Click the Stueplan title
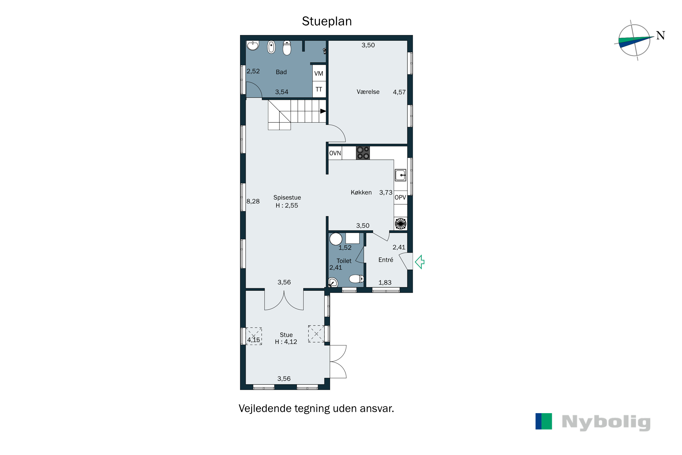pos(327,21)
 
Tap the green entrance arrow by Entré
pos(420,262)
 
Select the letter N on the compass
pos(661,35)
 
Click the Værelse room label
pos(368,92)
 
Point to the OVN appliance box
pos(335,153)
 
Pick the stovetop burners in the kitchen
pos(363,153)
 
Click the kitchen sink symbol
pos(400,175)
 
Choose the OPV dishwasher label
pos(400,197)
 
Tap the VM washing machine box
pos(319,73)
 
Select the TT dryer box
pos(319,89)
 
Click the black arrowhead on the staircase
pos(323,111)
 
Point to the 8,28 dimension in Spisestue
pos(253,201)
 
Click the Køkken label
pos(361,192)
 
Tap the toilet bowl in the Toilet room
pos(356,279)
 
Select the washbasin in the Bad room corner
pos(253,45)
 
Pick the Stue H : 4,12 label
pos(286,338)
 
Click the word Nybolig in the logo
pos(606,423)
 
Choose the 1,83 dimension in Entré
pos(385,283)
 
